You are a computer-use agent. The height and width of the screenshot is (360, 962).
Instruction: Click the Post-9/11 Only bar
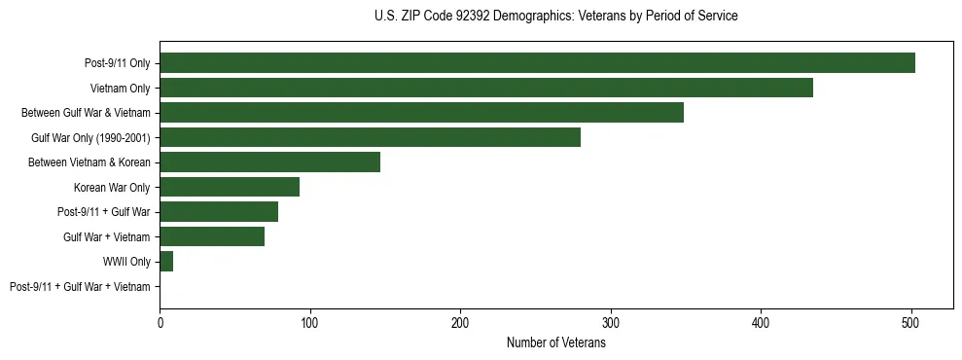click(x=537, y=63)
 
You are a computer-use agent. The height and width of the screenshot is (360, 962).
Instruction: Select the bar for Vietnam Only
click(x=486, y=88)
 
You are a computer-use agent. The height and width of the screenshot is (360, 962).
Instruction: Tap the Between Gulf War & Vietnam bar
click(x=421, y=113)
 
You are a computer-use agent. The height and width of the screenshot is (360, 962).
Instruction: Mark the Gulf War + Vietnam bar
click(x=212, y=236)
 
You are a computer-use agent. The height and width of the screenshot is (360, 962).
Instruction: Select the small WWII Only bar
click(x=166, y=262)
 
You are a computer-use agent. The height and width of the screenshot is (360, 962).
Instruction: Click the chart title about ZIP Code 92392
click(x=555, y=17)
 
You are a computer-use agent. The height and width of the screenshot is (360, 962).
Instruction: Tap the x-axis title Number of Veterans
click(x=555, y=342)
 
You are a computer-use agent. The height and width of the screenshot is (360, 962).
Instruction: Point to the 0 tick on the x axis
click(x=160, y=322)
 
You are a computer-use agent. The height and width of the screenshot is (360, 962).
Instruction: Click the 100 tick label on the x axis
click(x=309, y=322)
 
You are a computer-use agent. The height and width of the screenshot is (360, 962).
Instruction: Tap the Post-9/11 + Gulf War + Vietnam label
click(x=80, y=286)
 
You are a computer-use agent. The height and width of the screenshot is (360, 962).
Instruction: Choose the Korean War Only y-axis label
click(x=112, y=187)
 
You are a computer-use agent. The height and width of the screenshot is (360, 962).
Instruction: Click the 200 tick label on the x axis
click(x=460, y=322)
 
